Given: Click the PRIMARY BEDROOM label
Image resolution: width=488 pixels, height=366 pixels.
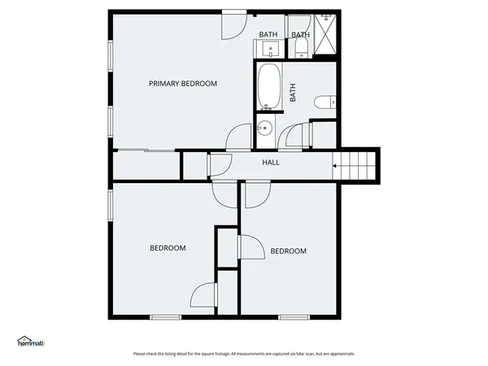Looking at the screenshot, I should pyautogui.click(x=182, y=84).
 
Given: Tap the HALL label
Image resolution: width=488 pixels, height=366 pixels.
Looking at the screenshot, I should pyautogui.click(x=271, y=163).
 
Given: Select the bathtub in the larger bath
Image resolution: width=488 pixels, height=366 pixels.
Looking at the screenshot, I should pyautogui.click(x=268, y=88).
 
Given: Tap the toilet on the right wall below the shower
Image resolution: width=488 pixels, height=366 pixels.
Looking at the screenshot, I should pyautogui.click(x=326, y=102).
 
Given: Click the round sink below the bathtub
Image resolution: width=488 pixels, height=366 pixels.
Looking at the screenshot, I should pyautogui.click(x=264, y=128).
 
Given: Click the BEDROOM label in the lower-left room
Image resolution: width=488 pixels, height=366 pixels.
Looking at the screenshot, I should pyautogui.click(x=168, y=248).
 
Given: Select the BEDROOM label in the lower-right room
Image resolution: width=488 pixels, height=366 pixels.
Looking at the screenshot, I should pyautogui.click(x=288, y=251).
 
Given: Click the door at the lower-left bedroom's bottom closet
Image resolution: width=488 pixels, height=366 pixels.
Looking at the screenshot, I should pyautogui.click(x=204, y=294).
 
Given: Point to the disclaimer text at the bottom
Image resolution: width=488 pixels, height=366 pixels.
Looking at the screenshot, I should pyautogui.click(x=244, y=354).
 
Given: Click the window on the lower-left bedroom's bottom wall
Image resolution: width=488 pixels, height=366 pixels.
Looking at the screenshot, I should pyautogui.click(x=165, y=316).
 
